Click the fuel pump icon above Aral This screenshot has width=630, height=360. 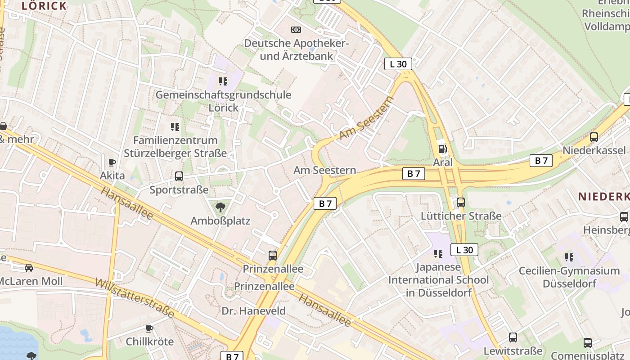click(x=443, y=148)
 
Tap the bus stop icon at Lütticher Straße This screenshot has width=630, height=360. click(x=460, y=202)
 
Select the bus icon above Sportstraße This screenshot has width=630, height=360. click(x=179, y=176)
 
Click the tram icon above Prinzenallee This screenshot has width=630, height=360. click(x=273, y=256)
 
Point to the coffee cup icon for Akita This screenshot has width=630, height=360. click(x=112, y=162)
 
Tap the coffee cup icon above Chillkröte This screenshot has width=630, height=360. click(x=149, y=328)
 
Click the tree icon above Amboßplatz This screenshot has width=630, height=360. click(x=220, y=207)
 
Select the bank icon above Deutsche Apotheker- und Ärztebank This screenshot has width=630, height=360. click(x=296, y=30)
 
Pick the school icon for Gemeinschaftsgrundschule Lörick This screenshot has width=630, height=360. click(x=223, y=81)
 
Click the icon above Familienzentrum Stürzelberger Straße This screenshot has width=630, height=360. click(x=175, y=127)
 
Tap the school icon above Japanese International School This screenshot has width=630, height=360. click(x=438, y=253)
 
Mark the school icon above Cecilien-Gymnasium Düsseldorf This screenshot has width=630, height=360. click(x=569, y=257)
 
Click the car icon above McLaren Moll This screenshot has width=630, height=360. click(x=29, y=268)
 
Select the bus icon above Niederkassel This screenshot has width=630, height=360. click(x=594, y=137)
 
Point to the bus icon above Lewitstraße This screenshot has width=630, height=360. click(x=513, y=337)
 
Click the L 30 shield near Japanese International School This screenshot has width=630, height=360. click(x=464, y=250)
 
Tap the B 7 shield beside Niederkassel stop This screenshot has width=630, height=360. click(x=541, y=161)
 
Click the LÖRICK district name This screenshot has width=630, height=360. click(x=44, y=6)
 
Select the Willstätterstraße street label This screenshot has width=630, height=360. click(x=135, y=298)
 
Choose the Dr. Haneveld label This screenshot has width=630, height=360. click(x=253, y=311)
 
